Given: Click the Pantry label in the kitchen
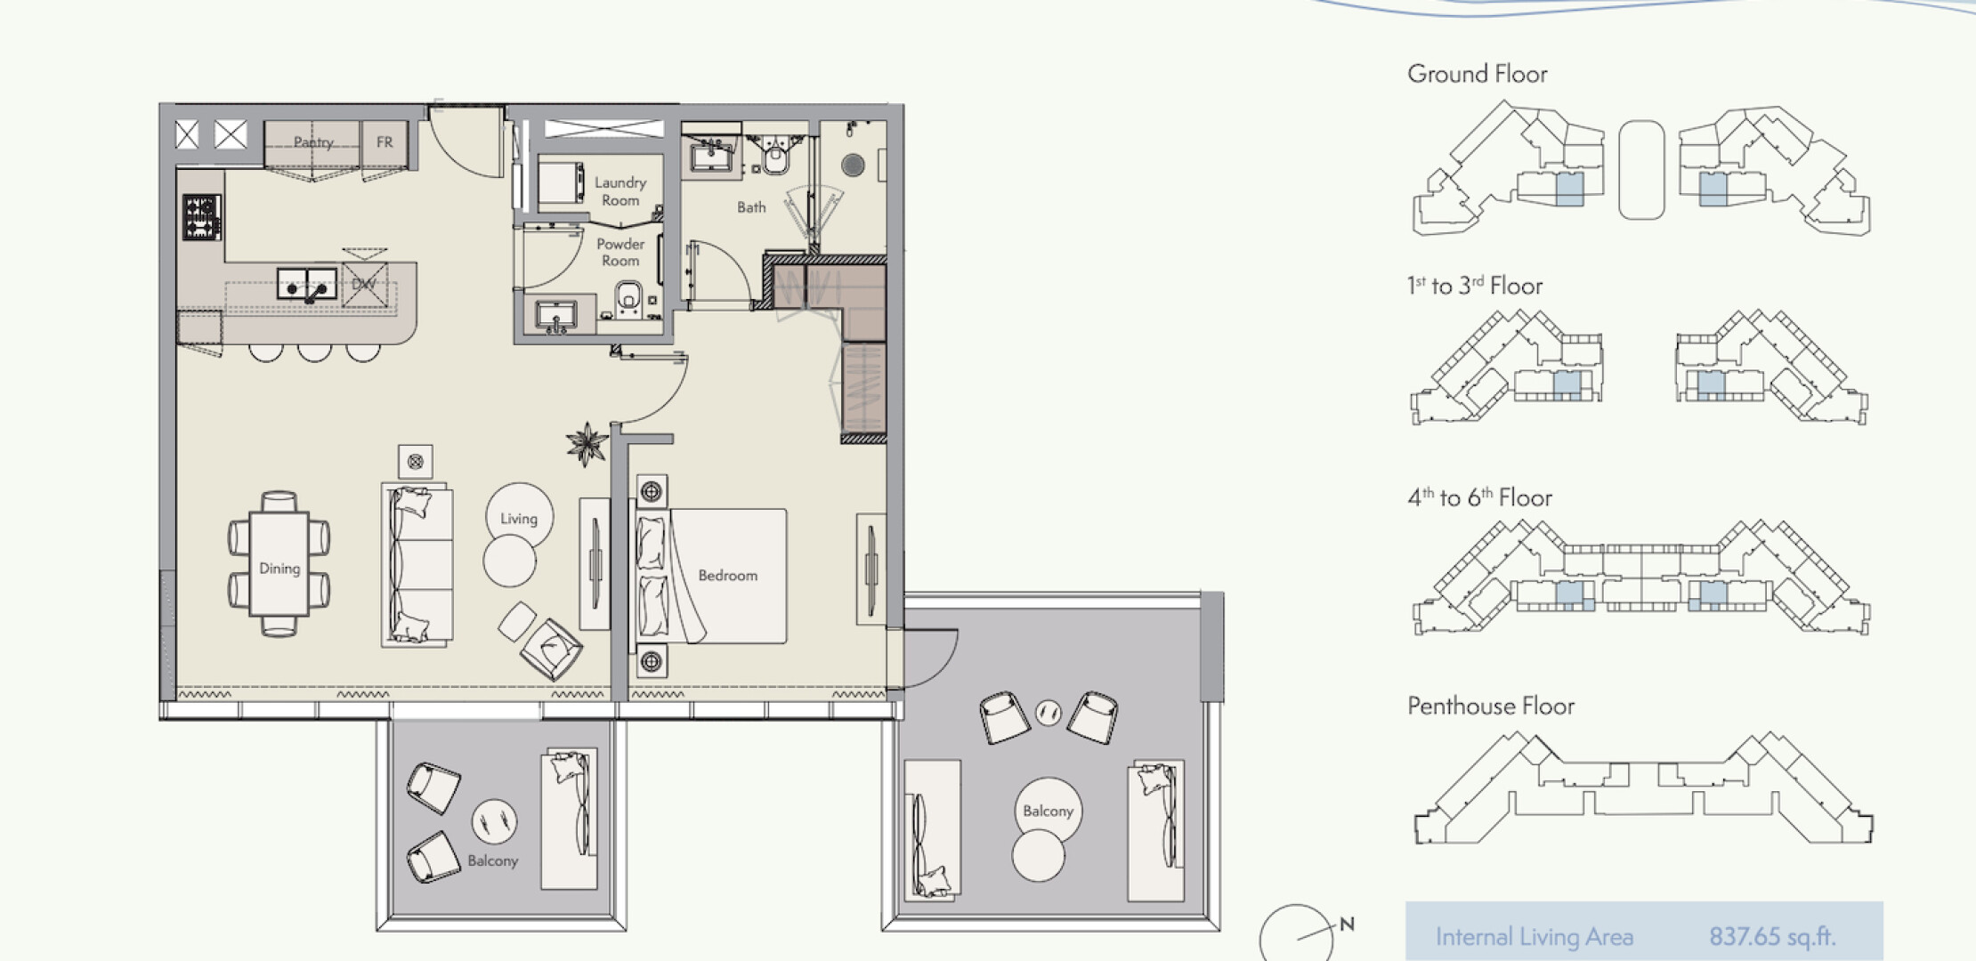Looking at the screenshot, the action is pyautogui.click(x=313, y=142).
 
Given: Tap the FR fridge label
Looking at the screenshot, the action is pyautogui.click(x=385, y=142).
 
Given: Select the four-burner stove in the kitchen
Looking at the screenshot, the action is pyautogui.click(x=202, y=217).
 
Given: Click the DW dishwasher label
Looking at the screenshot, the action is pyautogui.click(x=364, y=285).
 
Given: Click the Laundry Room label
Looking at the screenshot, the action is pyautogui.click(x=620, y=191).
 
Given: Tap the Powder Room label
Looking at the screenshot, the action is pyautogui.click(x=620, y=252).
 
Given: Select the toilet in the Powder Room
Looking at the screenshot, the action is pyautogui.click(x=628, y=297).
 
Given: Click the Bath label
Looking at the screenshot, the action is pyautogui.click(x=751, y=207).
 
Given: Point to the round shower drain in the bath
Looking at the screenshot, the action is pyautogui.click(x=853, y=165).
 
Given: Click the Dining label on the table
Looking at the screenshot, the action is pyautogui.click(x=279, y=569).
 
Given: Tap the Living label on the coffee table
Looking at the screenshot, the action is pyautogui.click(x=519, y=519).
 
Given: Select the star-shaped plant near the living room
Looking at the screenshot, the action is pyautogui.click(x=587, y=444).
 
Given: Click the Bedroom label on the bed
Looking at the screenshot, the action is pyautogui.click(x=728, y=576).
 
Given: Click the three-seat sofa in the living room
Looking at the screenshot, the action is pyautogui.click(x=417, y=564).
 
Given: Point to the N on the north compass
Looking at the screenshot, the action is pyautogui.click(x=1347, y=925).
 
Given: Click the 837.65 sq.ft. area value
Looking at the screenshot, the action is pyautogui.click(x=1772, y=936).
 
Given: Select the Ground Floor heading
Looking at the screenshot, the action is pyautogui.click(x=1478, y=74).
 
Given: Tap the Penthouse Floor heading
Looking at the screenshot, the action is pyautogui.click(x=1491, y=707).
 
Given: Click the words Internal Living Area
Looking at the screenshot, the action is pyautogui.click(x=1535, y=937).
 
